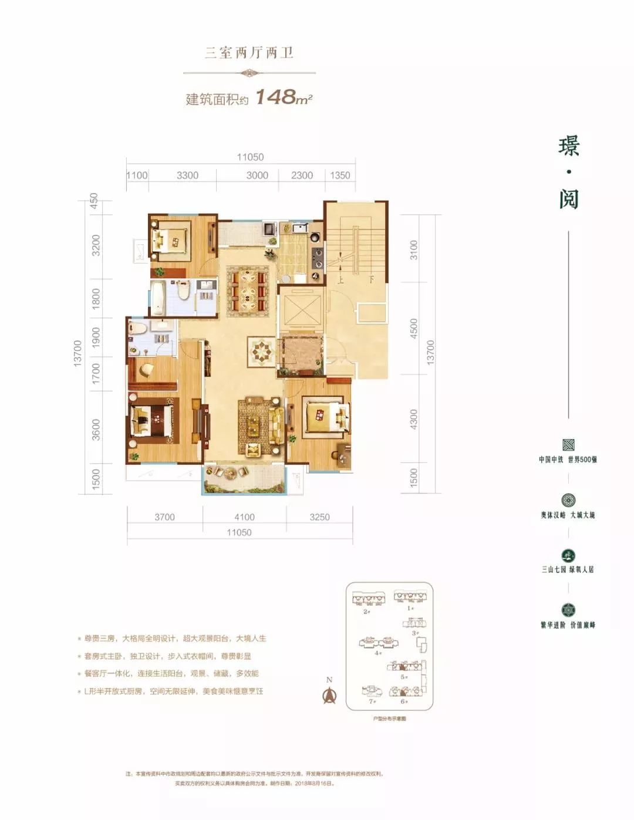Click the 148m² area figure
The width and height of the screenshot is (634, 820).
tap(284, 97)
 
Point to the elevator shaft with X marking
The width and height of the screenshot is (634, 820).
tap(301, 309)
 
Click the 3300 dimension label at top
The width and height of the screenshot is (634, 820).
tap(187, 176)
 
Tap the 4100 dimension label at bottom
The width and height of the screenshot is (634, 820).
tap(244, 517)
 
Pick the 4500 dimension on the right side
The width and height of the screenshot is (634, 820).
tap(414, 328)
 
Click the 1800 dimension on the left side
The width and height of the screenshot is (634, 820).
tap(96, 298)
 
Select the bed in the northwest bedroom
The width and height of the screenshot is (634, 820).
tap(170, 239)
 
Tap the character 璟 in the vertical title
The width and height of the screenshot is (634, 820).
tap(568, 146)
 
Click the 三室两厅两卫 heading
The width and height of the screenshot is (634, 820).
tap(249, 53)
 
